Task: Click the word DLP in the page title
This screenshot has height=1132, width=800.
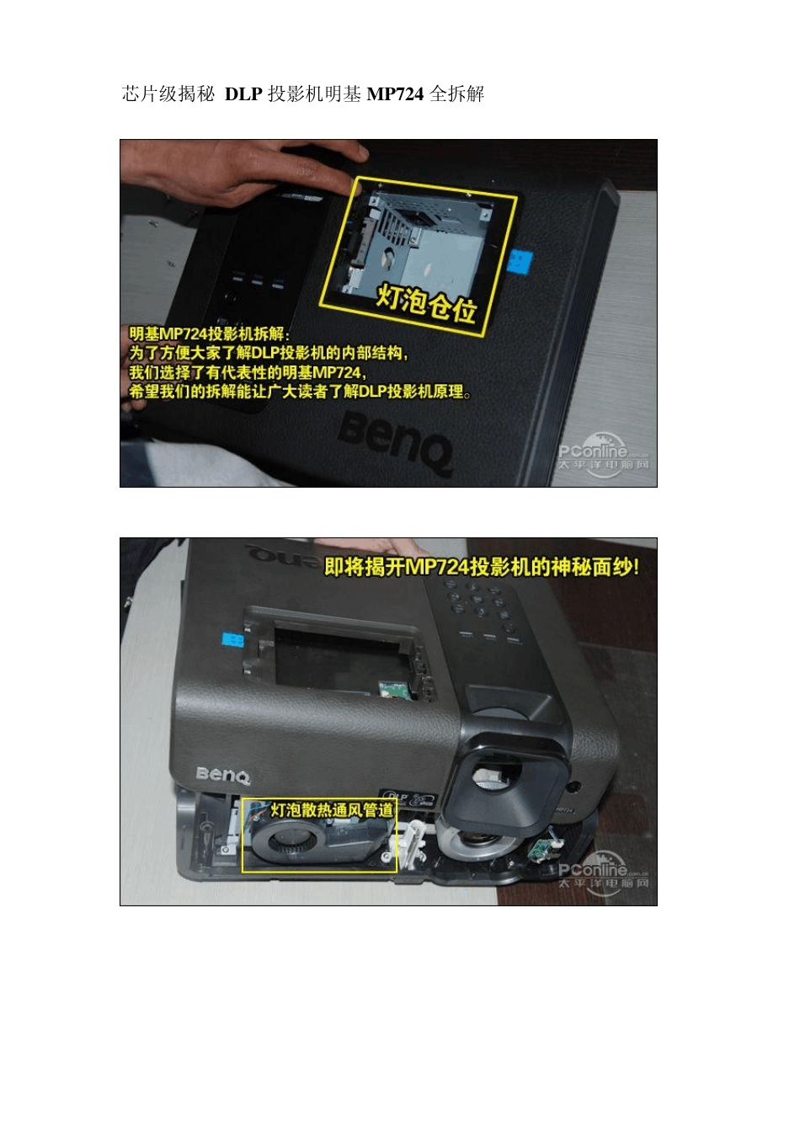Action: coord(243,93)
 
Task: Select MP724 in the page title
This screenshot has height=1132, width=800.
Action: coord(395,93)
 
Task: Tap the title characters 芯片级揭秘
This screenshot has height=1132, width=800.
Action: coord(168,93)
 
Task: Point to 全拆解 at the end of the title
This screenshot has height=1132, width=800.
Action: coord(457,93)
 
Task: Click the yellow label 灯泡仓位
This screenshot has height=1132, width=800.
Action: coord(426,304)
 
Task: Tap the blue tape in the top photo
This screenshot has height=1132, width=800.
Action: coord(522,261)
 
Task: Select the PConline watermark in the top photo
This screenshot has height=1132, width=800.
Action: coord(603,456)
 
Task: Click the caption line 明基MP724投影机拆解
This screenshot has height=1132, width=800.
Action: coord(209,334)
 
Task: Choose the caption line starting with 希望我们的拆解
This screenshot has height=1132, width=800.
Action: coord(300,392)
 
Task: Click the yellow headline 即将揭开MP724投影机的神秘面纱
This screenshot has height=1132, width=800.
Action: coord(481,567)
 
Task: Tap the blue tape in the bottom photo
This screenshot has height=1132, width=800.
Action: coord(232,640)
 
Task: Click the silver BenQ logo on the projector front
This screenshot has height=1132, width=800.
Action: coord(223,774)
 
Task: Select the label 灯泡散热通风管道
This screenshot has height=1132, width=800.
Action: coord(331,810)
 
